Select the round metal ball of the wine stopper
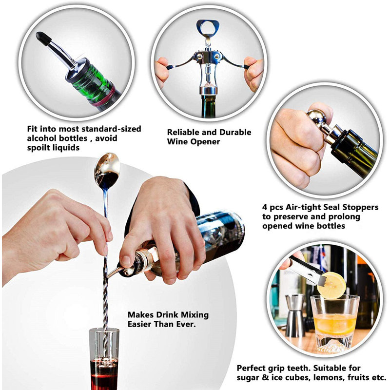316,117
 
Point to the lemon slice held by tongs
332,285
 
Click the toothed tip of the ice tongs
320,278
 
